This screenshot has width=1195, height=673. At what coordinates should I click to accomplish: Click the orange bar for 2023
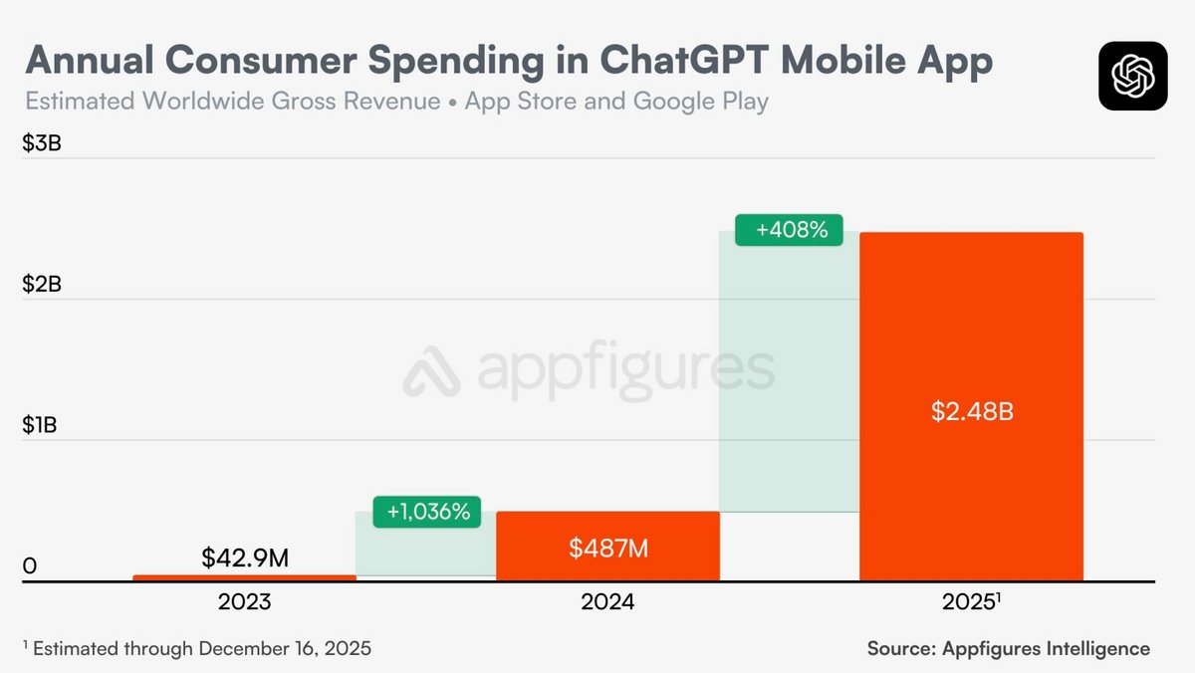[x=244, y=577]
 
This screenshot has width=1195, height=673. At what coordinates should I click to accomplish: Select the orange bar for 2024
[x=607, y=546]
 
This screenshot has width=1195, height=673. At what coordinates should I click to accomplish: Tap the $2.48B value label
[x=972, y=411]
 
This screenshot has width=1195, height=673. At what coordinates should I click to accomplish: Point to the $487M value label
[x=607, y=547]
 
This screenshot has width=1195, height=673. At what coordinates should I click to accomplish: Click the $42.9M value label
[x=245, y=558]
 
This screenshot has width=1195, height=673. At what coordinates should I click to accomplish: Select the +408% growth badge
[x=789, y=230]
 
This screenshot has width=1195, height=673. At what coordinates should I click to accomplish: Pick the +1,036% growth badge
[x=426, y=512]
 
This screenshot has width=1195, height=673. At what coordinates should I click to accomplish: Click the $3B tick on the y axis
[x=42, y=143]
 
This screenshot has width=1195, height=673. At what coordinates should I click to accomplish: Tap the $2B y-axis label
[x=42, y=285]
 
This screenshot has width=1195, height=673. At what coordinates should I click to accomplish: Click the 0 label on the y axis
[x=30, y=566]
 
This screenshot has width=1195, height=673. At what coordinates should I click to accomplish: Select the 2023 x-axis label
[x=244, y=602]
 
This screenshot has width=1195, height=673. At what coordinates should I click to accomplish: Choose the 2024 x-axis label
[x=607, y=602]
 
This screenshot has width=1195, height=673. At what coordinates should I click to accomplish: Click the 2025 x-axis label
[x=969, y=602]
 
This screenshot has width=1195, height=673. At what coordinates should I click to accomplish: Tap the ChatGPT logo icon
[x=1133, y=76]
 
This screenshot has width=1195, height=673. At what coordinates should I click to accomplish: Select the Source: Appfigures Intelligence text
[x=1008, y=648]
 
